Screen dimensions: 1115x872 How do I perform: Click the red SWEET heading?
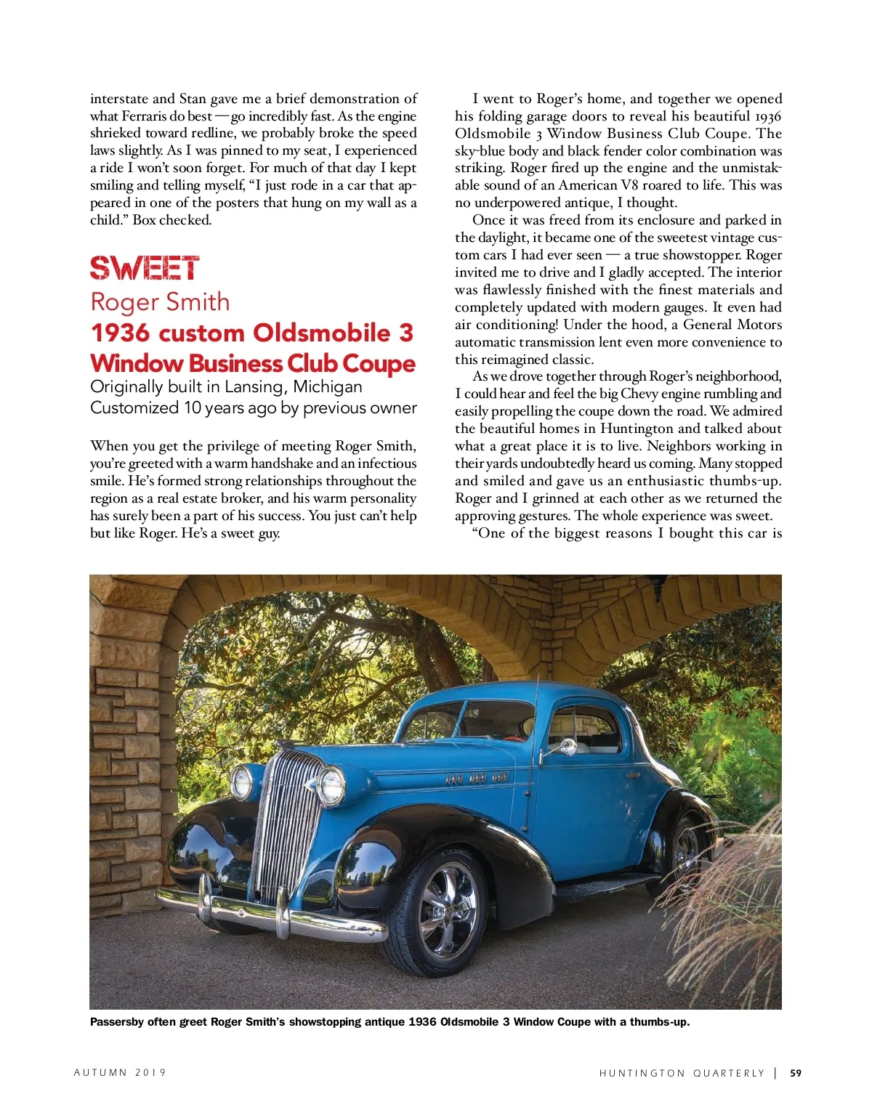point(145,268)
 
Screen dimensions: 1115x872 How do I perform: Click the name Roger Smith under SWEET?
point(160,301)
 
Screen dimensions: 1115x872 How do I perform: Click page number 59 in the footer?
point(796,1073)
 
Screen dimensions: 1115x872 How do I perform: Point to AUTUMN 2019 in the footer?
point(120,1073)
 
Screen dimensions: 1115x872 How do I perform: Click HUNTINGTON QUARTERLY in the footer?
point(682,1073)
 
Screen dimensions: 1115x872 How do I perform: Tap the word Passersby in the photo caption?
point(116,1022)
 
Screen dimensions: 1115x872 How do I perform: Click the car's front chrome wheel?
point(444,901)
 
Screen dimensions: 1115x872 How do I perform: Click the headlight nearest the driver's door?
point(331,785)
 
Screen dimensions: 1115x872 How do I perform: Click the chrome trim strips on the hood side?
point(477,778)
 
